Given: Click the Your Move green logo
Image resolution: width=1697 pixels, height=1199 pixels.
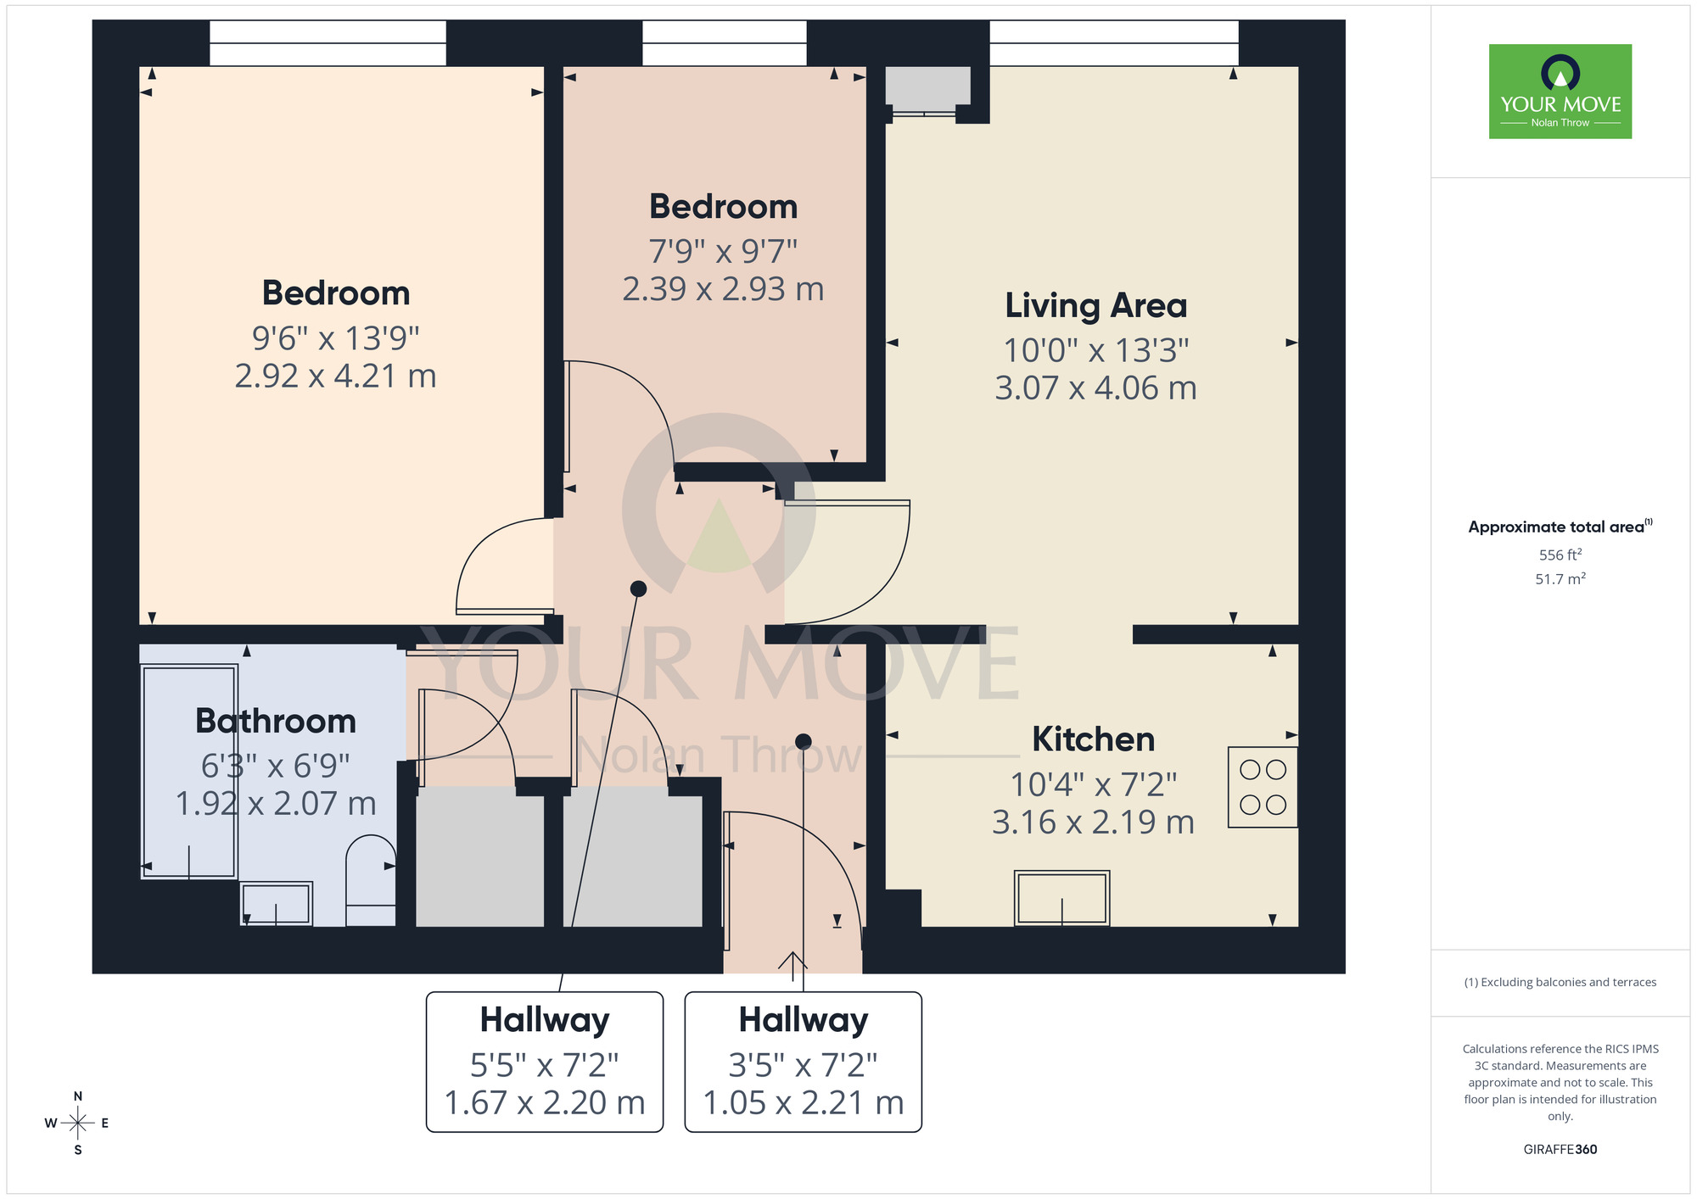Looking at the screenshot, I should pos(1560,92).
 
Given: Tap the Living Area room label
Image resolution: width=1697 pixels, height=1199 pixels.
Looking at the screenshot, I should pos(1095,306).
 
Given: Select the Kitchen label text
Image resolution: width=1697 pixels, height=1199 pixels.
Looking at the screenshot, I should pos(1093,739).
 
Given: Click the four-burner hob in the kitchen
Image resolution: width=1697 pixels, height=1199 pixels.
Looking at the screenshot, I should pos(1263,787).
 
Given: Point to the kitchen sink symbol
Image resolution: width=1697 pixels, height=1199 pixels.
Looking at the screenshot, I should pos(1061,897).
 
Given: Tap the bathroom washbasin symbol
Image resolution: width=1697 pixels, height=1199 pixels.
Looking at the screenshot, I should pos(277,903).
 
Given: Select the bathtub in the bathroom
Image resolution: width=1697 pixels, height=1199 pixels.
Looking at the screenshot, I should pos(188,772).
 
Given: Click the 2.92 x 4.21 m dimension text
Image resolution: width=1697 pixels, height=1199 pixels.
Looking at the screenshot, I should pos(335,376).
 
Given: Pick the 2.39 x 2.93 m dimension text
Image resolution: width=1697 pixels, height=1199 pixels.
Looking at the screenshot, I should pos(723,289).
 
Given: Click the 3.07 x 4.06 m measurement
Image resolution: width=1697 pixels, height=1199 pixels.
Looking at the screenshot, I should pos(1095,388).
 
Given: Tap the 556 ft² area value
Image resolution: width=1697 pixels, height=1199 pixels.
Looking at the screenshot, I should pos(1560,555).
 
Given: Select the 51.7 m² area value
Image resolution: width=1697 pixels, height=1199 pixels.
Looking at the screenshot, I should pos(1560,579).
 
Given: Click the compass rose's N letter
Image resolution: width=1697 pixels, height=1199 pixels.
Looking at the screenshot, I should pos(78,1096).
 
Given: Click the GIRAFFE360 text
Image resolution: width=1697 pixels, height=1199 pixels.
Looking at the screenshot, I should pos(1560,1150).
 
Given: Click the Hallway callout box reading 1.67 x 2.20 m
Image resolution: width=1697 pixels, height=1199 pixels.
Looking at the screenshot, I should pos(544,1062).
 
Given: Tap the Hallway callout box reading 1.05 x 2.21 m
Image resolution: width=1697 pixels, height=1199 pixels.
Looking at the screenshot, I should pos(803,1062).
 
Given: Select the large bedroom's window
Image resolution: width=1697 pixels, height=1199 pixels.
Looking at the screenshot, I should pos(328,43).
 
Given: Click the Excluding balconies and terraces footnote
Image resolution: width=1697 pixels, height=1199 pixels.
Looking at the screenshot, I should pos(1560,983).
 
